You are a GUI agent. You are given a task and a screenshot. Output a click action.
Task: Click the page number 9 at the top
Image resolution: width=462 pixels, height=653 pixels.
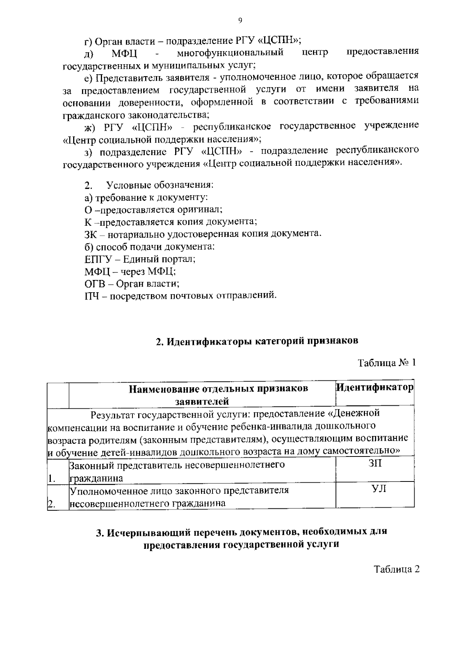coord(240,21)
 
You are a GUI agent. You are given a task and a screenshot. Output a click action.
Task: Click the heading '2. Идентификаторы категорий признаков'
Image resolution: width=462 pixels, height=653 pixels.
coord(257,341)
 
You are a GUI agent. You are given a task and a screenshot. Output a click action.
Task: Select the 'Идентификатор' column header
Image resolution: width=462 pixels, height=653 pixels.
coord(375,387)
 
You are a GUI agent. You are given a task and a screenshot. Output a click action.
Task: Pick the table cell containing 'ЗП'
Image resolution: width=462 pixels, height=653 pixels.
coord(375,464)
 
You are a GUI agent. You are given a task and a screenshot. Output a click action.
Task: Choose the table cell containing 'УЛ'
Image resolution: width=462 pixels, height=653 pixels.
coord(375,489)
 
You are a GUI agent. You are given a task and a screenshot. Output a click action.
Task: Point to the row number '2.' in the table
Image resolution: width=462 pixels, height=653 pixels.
coord(51,504)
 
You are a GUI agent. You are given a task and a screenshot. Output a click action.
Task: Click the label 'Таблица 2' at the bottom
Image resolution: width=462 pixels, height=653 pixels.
coord(397,570)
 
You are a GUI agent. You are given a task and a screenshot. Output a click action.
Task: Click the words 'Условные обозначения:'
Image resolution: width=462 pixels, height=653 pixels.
coord(160,185)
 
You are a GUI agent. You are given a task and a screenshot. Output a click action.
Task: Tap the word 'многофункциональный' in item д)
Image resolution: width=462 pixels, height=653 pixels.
coord(230,52)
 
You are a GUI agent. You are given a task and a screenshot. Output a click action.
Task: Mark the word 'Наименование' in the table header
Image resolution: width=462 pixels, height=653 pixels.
coord(166,389)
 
